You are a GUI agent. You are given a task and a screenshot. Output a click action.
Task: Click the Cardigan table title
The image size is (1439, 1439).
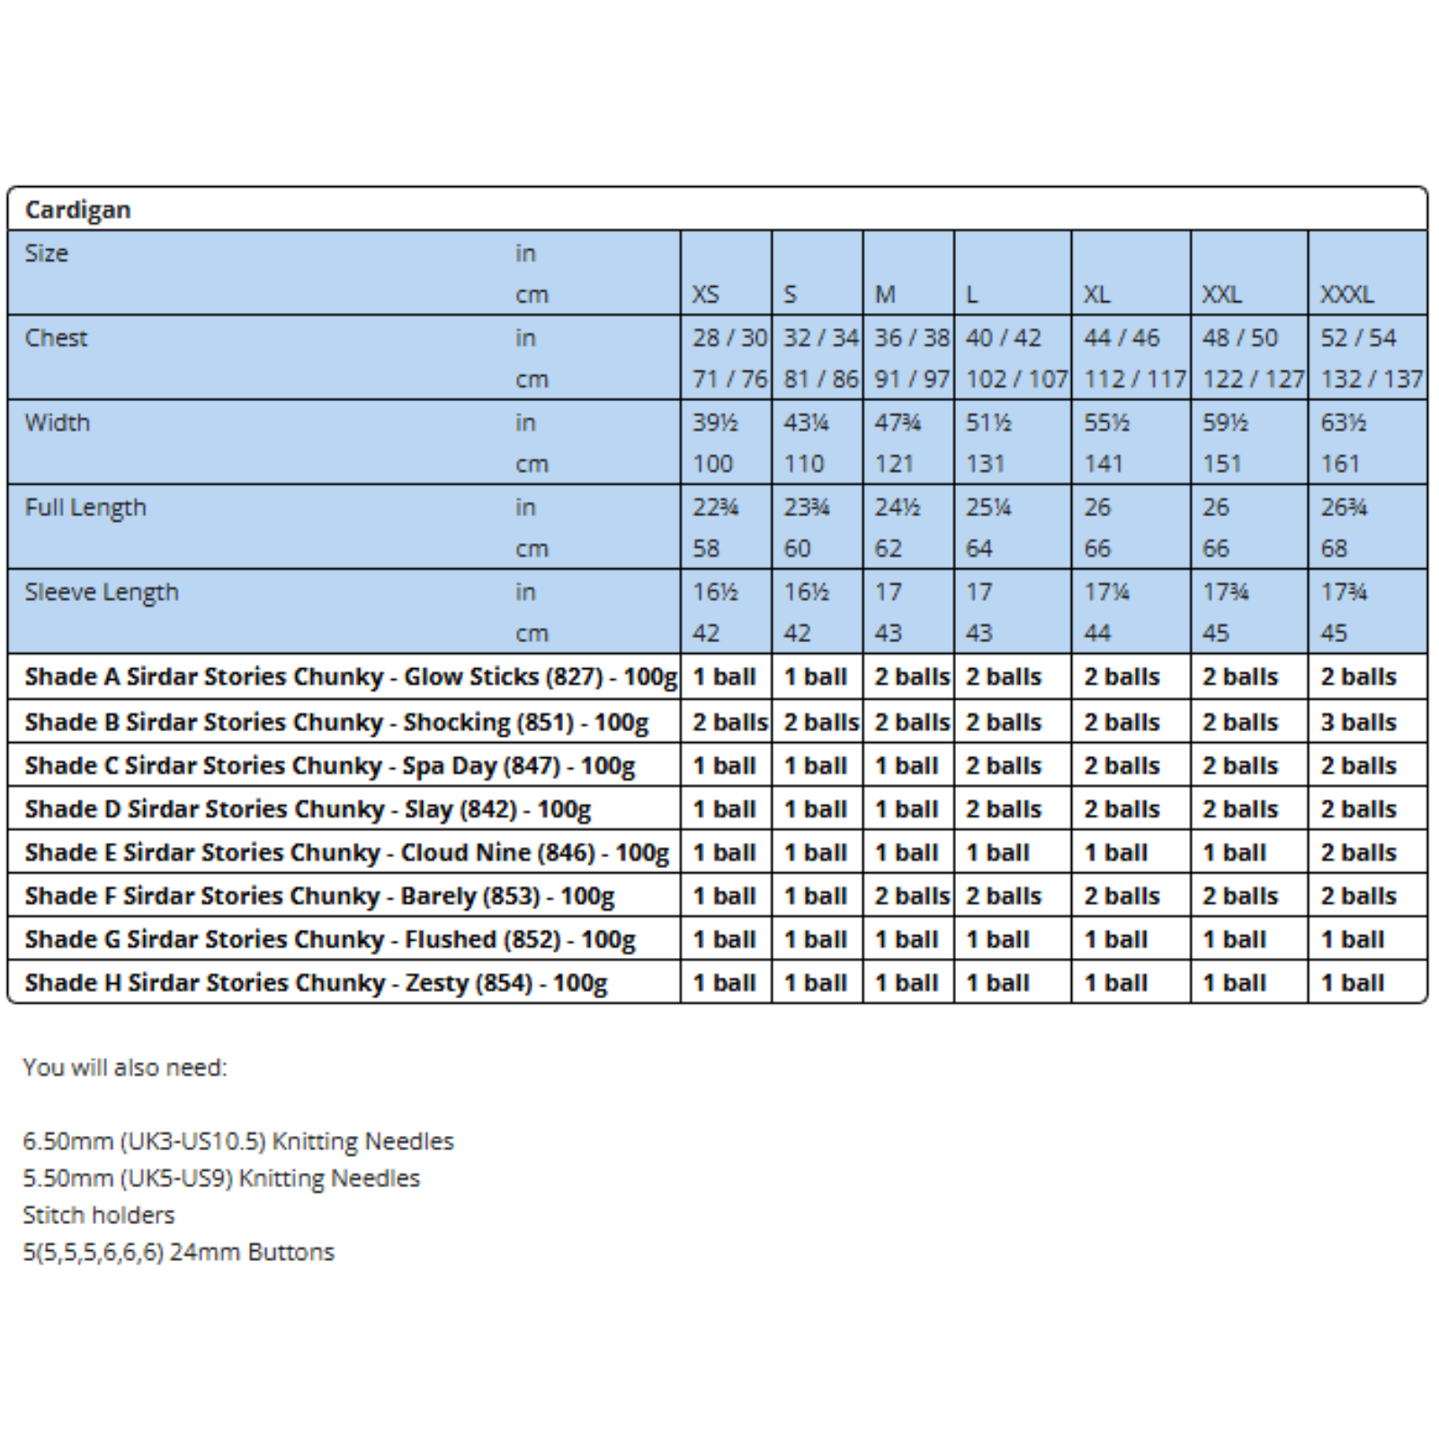(x=78, y=210)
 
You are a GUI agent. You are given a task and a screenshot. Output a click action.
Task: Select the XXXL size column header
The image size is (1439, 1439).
(x=1346, y=294)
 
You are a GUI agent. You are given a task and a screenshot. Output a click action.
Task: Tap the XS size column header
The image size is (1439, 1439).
(x=705, y=294)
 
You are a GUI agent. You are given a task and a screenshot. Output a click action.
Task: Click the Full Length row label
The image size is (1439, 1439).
(x=85, y=507)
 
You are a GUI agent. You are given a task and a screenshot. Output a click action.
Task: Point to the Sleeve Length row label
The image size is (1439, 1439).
(x=102, y=592)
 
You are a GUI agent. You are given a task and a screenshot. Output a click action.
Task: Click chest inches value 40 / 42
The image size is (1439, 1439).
(x=1003, y=337)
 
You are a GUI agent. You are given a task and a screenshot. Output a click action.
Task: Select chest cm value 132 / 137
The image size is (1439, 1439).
(x=1371, y=379)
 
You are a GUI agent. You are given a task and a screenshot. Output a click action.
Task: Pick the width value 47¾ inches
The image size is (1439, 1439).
(x=897, y=422)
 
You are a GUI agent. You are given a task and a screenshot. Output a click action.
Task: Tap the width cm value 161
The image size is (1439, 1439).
(x=1339, y=463)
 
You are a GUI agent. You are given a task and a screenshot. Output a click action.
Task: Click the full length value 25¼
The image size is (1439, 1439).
(x=988, y=507)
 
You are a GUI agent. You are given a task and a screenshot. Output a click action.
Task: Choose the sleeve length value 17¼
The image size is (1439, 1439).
(x=1106, y=592)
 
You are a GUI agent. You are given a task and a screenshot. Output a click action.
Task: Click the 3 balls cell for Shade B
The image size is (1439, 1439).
(x=1358, y=722)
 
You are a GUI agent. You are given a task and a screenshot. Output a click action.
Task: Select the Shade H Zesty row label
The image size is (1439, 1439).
(x=316, y=983)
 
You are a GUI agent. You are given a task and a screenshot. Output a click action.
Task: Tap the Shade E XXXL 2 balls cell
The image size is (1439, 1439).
(x=1358, y=853)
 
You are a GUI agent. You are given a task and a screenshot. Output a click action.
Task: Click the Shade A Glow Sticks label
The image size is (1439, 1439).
(x=351, y=676)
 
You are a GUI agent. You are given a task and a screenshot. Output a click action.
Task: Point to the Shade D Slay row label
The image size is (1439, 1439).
(x=308, y=809)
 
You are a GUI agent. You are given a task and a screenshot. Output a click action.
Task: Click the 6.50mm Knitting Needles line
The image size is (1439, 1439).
(x=238, y=1141)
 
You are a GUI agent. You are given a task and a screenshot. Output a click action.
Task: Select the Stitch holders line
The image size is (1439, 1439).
(x=99, y=1215)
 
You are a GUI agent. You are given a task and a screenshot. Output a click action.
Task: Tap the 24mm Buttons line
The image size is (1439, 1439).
(x=178, y=1252)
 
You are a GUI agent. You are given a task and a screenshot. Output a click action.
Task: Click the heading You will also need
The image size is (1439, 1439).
(x=125, y=1068)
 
